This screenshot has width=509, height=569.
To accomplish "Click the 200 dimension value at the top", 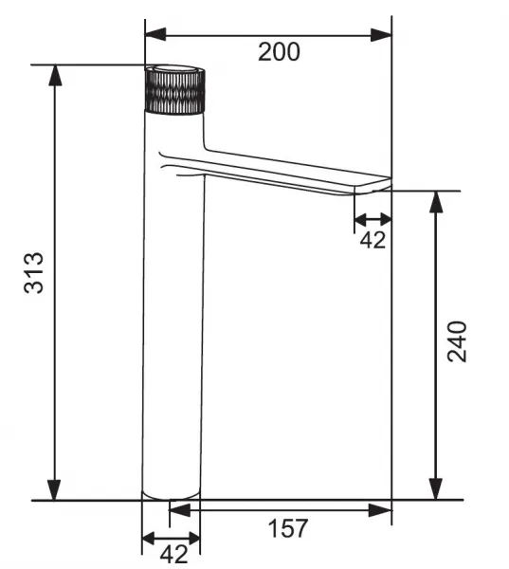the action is [279, 52].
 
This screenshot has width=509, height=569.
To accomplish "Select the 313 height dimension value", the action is [34, 272].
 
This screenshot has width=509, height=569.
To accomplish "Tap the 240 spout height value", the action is [457, 341].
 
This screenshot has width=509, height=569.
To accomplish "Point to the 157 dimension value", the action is [288, 528].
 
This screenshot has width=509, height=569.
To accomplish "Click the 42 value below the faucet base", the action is [174, 554].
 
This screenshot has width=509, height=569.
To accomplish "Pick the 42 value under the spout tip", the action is [373, 240].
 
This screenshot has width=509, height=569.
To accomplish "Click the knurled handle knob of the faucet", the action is [174, 91].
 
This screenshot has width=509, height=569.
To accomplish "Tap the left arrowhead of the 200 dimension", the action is [155, 35].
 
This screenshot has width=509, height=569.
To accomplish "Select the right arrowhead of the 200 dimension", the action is [381, 35].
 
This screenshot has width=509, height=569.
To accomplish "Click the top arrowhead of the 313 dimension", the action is [55, 76].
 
